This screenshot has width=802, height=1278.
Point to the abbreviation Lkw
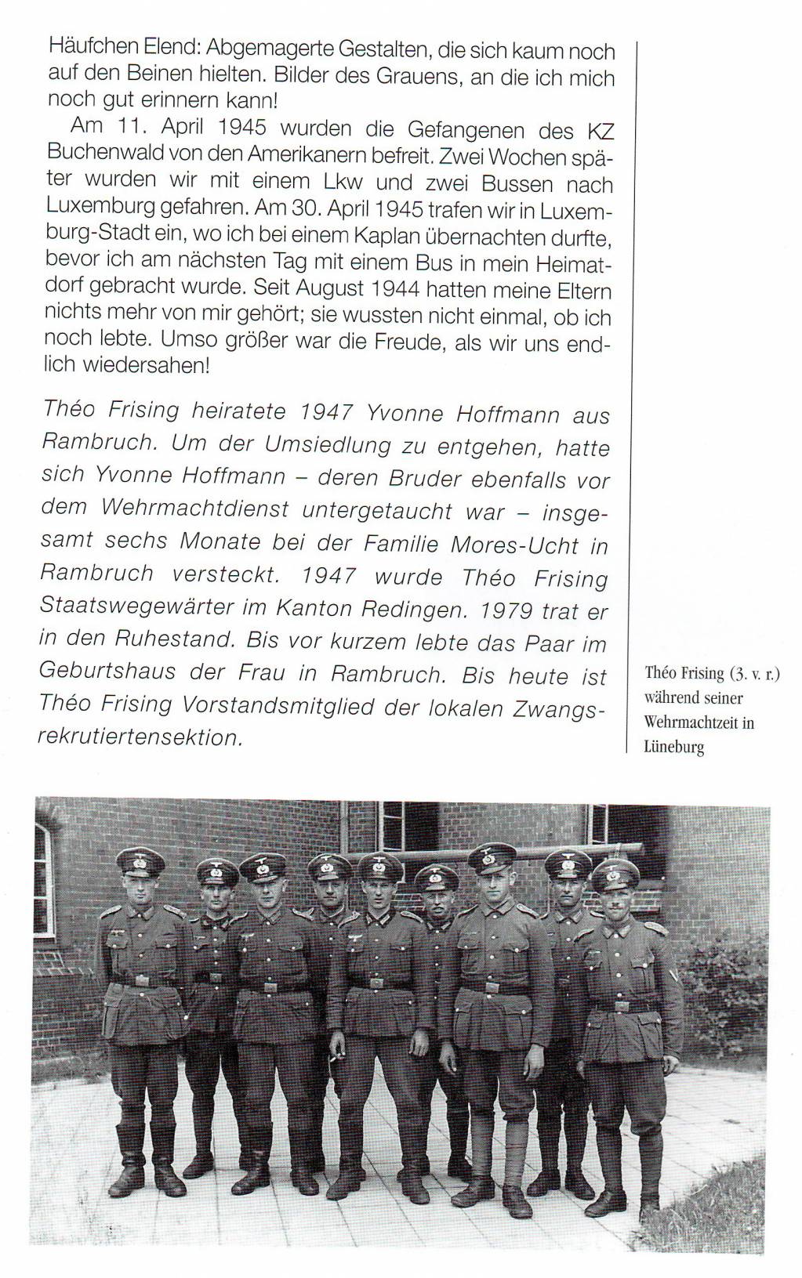point(343,182)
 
